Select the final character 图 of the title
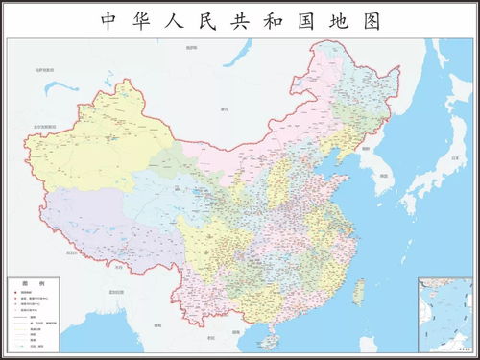click(x=371, y=20)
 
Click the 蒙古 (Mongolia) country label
click(x=224, y=109)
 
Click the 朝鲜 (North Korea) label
click(x=366, y=149)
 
